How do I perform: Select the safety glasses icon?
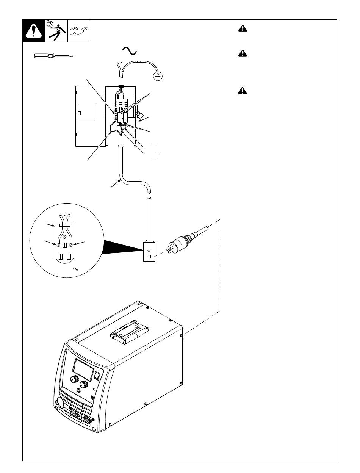click(79, 31)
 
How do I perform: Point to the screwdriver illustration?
click(53, 56)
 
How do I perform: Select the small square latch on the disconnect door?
click(80, 113)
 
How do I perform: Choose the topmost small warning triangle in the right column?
click(243, 29)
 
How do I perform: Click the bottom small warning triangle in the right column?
click(243, 91)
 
